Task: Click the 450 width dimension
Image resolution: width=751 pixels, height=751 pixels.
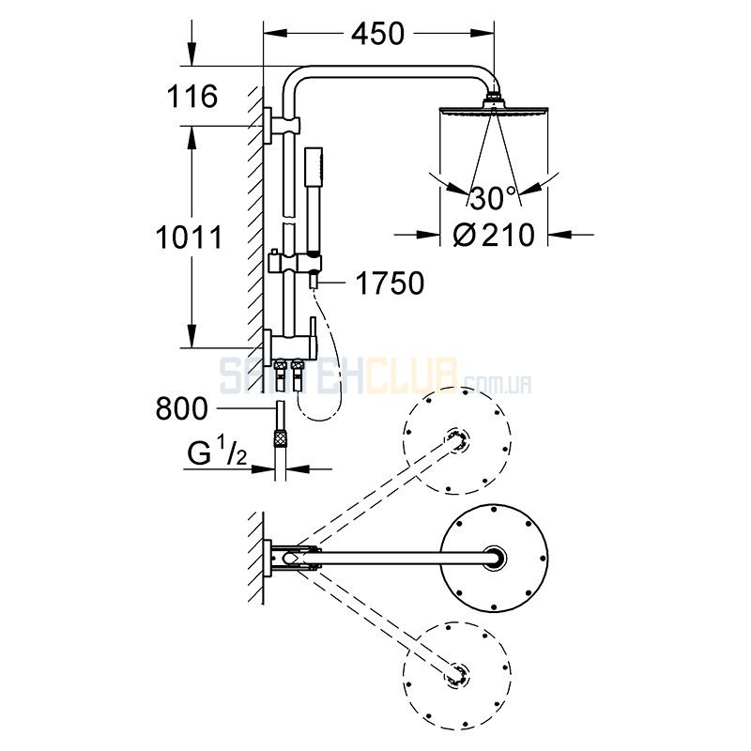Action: coord(378,34)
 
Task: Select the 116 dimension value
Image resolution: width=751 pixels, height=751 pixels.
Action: coord(192,97)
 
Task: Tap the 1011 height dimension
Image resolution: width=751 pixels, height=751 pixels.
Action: coord(190,238)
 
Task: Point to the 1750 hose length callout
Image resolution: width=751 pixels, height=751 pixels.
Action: coord(390,284)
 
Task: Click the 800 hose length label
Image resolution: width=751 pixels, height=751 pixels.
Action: coord(182,408)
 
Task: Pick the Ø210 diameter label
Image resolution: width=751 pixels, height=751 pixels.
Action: coord(494,235)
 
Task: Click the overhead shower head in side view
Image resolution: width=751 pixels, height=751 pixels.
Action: coord(494,109)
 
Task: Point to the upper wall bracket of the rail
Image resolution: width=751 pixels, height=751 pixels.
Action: coord(282,125)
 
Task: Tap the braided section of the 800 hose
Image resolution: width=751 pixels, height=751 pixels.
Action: coord(280,438)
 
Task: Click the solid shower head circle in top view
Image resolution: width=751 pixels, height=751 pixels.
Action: coord(494,558)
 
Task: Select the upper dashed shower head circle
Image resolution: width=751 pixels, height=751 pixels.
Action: coord(457,440)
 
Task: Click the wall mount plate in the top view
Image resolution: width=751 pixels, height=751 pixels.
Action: coord(268,558)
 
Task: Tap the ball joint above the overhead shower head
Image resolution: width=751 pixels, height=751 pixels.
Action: coord(494,96)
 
